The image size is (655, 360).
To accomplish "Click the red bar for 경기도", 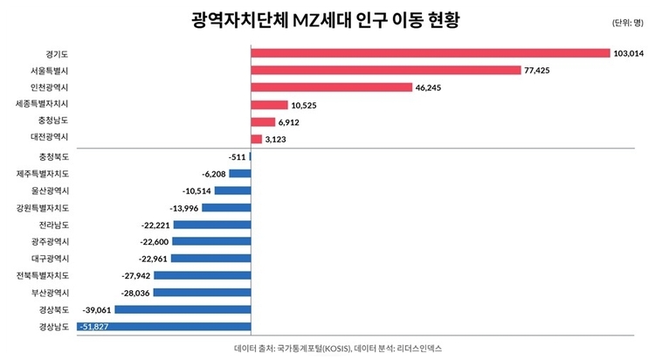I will [x=430, y=53].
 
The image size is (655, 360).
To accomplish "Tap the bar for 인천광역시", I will [x=331, y=87].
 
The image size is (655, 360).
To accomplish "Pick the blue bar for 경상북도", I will [x=183, y=309].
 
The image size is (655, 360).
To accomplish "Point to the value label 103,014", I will [x=629, y=53].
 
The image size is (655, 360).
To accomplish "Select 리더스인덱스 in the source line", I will [x=420, y=348].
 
